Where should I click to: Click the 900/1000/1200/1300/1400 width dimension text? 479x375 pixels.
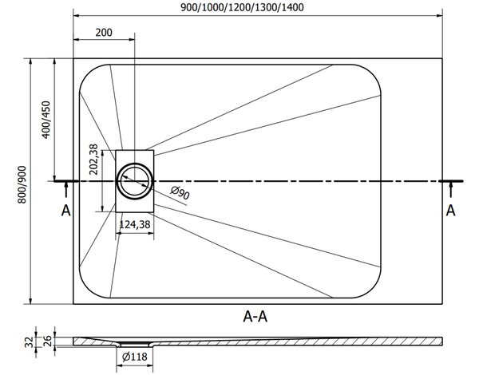tap(242, 7)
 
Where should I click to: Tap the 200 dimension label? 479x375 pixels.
tap(104, 32)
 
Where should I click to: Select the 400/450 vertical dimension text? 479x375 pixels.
tap(46, 120)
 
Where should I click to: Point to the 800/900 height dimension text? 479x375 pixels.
tap(22, 184)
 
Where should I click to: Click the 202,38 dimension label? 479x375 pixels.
tap(93, 160)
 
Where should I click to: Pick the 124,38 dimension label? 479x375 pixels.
tap(135, 225)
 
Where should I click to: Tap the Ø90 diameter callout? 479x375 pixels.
tap(180, 193)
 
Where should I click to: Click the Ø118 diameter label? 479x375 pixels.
tap(134, 357)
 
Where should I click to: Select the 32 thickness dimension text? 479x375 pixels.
tap(29, 341)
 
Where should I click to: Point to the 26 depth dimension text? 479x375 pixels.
tap(48, 341)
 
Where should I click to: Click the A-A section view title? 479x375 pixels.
tap(255, 317)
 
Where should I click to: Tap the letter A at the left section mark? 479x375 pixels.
tap(66, 211)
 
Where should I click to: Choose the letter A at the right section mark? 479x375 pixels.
tap(450, 211)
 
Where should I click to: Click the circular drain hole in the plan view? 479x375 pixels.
tap(135, 181)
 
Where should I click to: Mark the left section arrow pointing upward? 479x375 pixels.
tap(66, 189)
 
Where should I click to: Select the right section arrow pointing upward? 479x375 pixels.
tap(450, 189)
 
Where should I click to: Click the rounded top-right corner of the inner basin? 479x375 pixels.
tap(373, 73)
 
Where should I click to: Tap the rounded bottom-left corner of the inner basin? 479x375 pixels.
tap(87, 290)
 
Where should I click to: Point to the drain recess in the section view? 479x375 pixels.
tap(134, 345)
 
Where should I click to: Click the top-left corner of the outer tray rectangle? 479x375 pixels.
tap(73, 58)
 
